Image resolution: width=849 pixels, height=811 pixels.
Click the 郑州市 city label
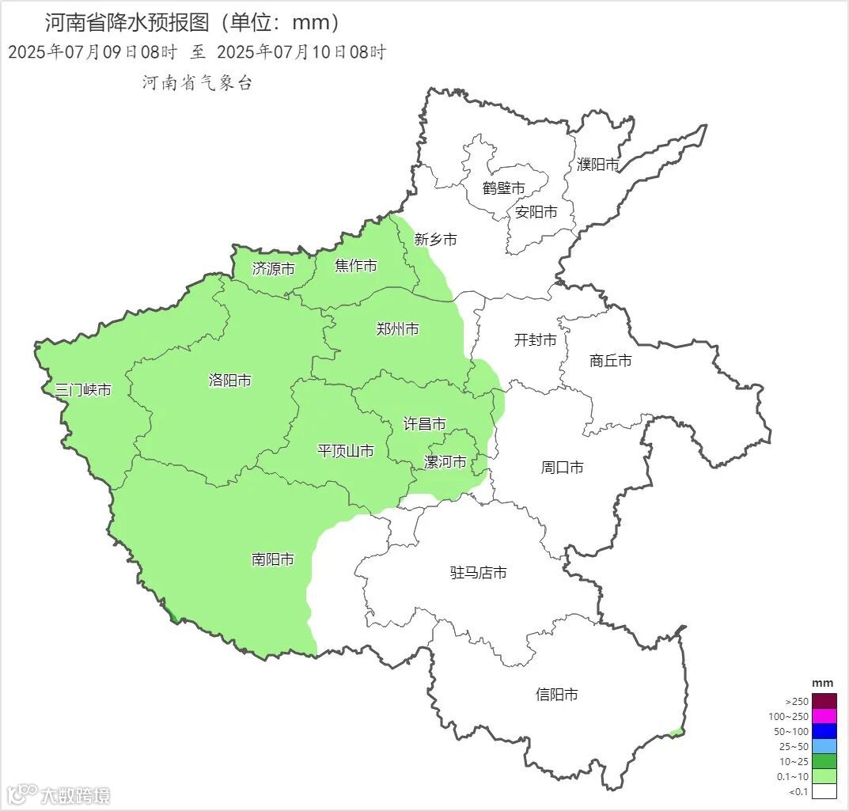pyautogui.click(x=398, y=329)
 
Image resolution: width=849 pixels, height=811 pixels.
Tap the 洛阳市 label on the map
pyautogui.click(x=230, y=381)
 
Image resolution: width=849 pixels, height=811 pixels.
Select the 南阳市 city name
pyautogui.click(x=273, y=559)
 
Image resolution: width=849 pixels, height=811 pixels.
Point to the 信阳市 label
pyautogui.click(x=557, y=695)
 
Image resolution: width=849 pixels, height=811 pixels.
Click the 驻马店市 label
pyautogui.click(x=479, y=572)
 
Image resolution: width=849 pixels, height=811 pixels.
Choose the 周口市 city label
pyautogui.click(x=563, y=468)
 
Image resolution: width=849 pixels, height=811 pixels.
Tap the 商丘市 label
pyautogui.click(x=611, y=361)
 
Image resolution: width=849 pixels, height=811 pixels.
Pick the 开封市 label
pyautogui.click(x=536, y=340)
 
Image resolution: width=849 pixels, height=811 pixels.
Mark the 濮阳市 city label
pyautogui.click(x=598, y=165)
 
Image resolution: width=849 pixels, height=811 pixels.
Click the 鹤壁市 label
pyautogui.click(x=504, y=188)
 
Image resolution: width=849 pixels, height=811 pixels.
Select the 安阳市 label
pyautogui.click(x=536, y=212)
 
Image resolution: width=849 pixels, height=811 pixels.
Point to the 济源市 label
pyautogui.click(x=274, y=269)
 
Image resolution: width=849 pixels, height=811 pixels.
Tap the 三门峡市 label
pyautogui.click(x=83, y=390)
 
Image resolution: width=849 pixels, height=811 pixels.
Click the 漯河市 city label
pyautogui.click(x=445, y=462)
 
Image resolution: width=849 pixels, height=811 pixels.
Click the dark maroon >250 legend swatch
pyautogui.click(x=824, y=701)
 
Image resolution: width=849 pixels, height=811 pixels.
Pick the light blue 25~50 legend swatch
pyautogui.click(x=824, y=746)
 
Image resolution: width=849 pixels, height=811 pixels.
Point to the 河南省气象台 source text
pyautogui.click(x=197, y=83)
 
